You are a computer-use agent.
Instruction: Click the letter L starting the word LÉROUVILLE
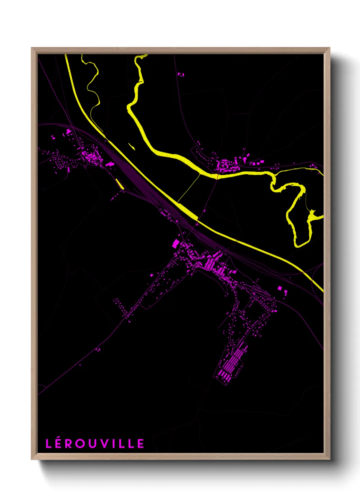coord(49,444)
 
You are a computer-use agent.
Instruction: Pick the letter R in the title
coord(70,444)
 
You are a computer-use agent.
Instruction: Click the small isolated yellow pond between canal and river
coord(131,147)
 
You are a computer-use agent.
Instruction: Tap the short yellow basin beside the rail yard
coord(119,184)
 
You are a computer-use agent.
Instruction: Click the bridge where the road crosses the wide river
coord(217,176)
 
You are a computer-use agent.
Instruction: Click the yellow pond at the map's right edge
coord(313,216)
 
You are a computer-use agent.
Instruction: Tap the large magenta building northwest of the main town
coord(176,243)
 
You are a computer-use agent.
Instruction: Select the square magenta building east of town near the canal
coord(280,288)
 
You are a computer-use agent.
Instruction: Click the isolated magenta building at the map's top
coord(181,74)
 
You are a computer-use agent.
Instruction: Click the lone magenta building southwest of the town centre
coord(152,274)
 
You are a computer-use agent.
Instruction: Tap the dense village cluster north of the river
coord(225,166)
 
